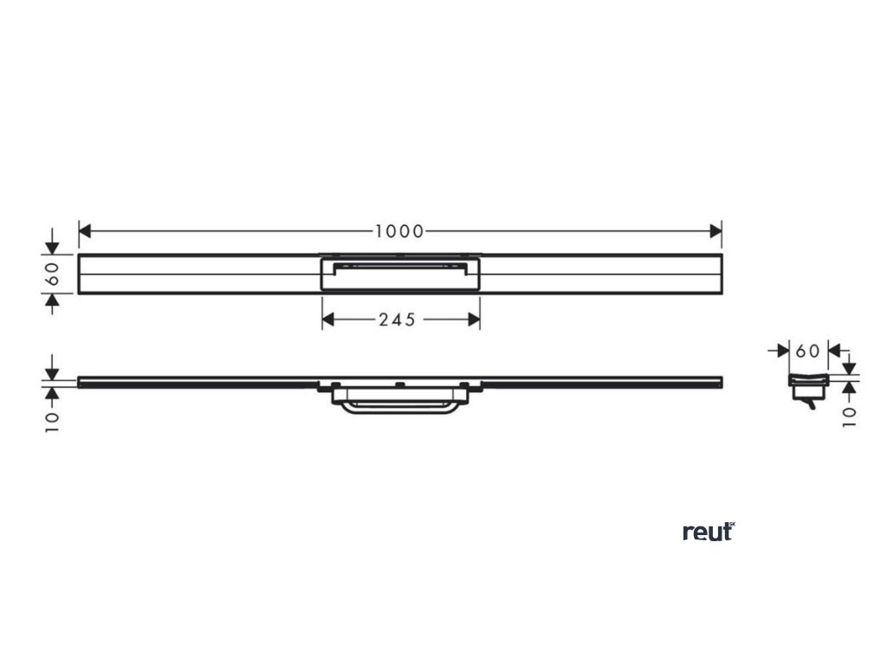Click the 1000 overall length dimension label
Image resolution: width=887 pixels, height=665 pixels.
point(399,231)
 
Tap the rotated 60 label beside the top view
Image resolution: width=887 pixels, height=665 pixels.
point(52,274)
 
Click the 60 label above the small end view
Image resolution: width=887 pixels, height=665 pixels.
point(807,351)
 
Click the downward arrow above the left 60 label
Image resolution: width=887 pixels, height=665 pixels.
point(52,247)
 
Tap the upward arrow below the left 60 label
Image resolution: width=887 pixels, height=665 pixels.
point(52,300)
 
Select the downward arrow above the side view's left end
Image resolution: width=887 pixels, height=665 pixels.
point(52,371)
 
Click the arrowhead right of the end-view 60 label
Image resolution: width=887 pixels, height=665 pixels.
point(832,351)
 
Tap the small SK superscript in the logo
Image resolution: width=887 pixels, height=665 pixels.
point(731,525)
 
